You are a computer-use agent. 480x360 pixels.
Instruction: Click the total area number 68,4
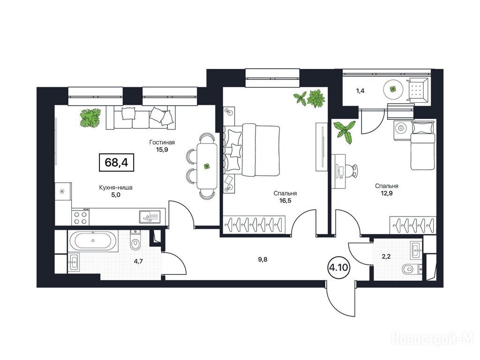point(116,162)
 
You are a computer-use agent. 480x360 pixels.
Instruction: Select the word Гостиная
point(162,142)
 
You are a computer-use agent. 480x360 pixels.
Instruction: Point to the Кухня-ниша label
point(116,187)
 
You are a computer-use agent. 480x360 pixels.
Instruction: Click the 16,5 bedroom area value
point(285,201)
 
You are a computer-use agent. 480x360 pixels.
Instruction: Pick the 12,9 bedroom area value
point(387,193)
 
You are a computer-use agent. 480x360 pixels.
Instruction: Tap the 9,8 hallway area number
point(263,260)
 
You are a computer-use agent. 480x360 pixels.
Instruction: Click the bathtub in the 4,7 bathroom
point(93,240)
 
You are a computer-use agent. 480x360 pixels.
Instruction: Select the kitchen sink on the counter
point(150,217)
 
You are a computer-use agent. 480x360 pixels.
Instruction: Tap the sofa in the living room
point(141,117)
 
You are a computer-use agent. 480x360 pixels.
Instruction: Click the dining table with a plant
point(207,166)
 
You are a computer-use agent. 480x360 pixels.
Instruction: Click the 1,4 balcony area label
point(360,90)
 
